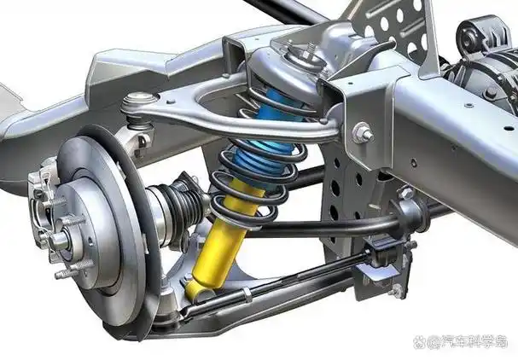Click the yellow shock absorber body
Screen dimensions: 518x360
(x=224, y=241)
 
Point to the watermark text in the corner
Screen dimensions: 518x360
(x=461, y=341)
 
